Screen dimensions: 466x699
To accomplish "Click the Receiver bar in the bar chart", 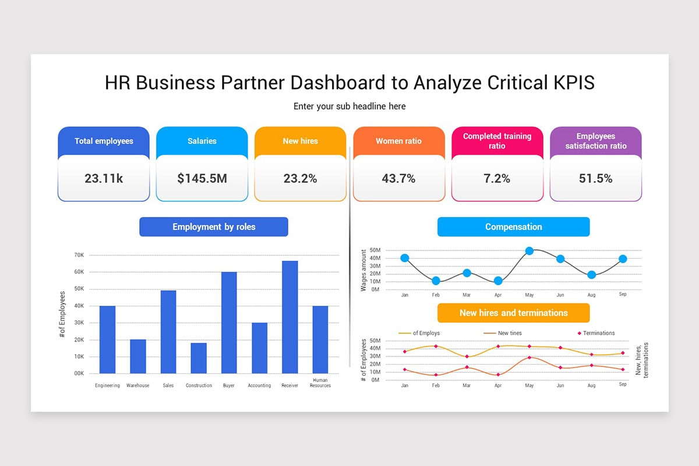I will pyautogui.click(x=290, y=317).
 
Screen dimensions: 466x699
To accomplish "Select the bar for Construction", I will pyautogui.click(x=199, y=358).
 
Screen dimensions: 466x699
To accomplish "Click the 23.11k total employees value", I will pyautogui.click(x=104, y=179).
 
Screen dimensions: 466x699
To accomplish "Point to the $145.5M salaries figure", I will pyautogui.click(x=202, y=179).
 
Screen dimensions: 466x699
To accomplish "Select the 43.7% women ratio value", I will pyautogui.click(x=398, y=179).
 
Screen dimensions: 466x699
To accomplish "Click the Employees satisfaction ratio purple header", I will pyautogui.click(x=595, y=141).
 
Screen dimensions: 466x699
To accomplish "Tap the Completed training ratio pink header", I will pyautogui.click(x=497, y=141).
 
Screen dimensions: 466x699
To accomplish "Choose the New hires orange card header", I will pyautogui.click(x=300, y=141).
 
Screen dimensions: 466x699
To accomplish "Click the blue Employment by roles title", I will pyautogui.click(x=214, y=227).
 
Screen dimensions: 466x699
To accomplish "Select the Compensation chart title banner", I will pyautogui.click(x=513, y=227).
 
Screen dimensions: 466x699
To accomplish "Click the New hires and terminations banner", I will pyautogui.click(x=513, y=313).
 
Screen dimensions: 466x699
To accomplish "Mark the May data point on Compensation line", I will pyautogui.click(x=529, y=251).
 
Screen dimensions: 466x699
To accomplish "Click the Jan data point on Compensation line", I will pyautogui.click(x=405, y=258).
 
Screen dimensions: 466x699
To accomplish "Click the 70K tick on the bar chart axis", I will pyautogui.click(x=79, y=255).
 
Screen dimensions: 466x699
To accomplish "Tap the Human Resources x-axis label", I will pyautogui.click(x=320, y=383).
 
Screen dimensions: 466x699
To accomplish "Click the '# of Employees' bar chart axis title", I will pyautogui.click(x=62, y=315).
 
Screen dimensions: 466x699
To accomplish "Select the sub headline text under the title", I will pyautogui.click(x=349, y=107).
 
